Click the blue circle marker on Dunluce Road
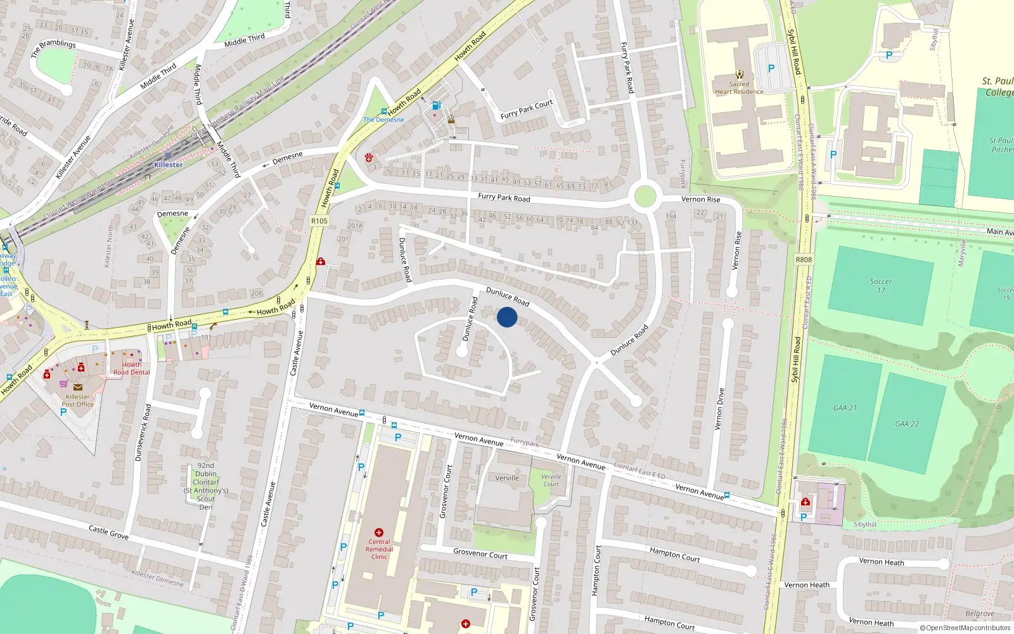507,317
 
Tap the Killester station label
168,165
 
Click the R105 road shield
319,221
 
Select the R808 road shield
804,259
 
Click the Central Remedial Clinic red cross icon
379,533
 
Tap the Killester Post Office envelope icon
77,387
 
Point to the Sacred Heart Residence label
739,87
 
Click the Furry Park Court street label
527,110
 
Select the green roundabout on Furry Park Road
645,196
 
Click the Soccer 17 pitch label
880,286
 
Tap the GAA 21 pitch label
845,408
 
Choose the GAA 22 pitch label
907,424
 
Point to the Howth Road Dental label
132,368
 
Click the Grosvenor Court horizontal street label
480,554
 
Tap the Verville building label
507,478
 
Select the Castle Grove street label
108,532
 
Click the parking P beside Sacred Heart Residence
771,68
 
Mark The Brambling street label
53,48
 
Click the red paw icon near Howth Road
368,158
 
